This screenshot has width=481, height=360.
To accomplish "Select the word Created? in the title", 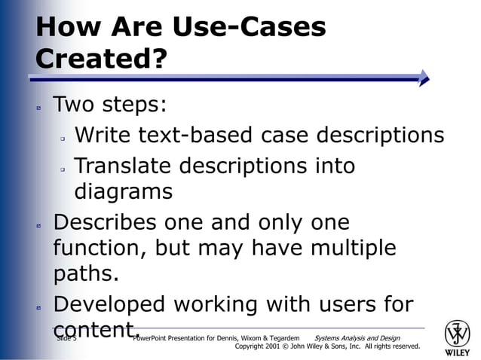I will pyautogui.click(x=100, y=59).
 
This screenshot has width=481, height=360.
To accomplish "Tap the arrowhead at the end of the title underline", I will pyautogui.click(x=424, y=78).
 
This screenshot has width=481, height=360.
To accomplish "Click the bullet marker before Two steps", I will pyautogui.click(x=38, y=108).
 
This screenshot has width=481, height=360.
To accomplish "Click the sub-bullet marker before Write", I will pyautogui.click(x=64, y=139).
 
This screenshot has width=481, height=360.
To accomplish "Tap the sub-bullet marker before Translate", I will pyautogui.click(x=64, y=169).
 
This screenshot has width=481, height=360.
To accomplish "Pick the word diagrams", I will pyautogui.click(x=124, y=192).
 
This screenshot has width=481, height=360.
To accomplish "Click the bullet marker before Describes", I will pyautogui.click(x=38, y=226).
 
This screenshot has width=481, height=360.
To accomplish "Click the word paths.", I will pyautogui.click(x=87, y=275).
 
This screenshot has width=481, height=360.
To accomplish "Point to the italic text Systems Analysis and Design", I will pyautogui.click(x=357, y=338).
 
